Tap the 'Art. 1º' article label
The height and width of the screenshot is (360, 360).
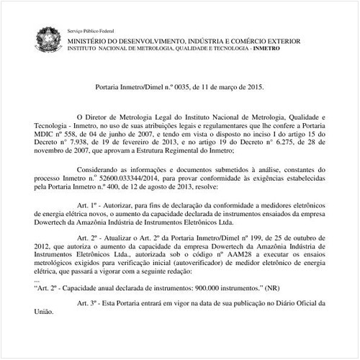pyautogui.click(x=87, y=205)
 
